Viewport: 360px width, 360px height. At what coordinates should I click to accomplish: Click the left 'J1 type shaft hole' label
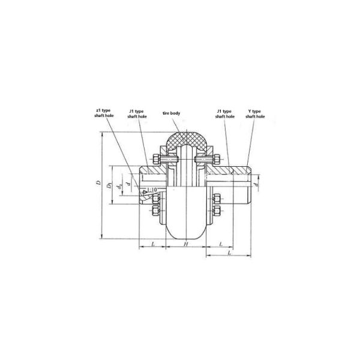pyautogui.click(x=138, y=114)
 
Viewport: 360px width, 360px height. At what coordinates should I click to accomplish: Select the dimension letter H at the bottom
pyautogui.click(x=186, y=245)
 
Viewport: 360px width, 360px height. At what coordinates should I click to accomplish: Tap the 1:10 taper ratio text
pyautogui.click(x=152, y=190)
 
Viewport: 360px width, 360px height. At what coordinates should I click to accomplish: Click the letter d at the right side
pyautogui.click(x=257, y=185)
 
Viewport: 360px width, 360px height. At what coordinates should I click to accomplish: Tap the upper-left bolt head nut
pyautogui.click(x=155, y=160)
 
